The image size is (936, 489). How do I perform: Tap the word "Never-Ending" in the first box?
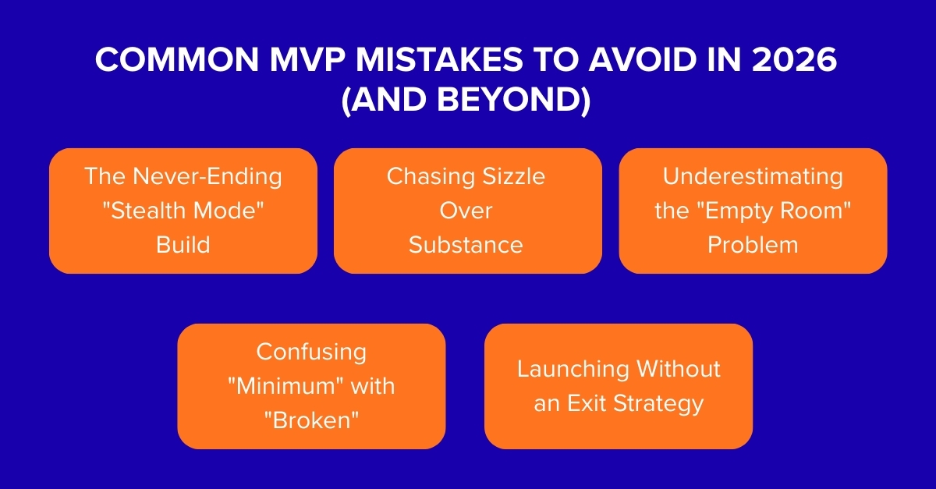click(207, 176)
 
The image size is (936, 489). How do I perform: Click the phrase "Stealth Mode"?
click(183, 211)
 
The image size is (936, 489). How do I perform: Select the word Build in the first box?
click(183, 245)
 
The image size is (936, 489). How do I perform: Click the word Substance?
click(466, 245)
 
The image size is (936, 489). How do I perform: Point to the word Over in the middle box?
click(466, 211)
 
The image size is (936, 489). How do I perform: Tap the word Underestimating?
click(753, 176)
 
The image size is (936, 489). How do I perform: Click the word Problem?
click(753, 245)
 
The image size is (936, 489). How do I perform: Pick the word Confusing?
click(311, 352)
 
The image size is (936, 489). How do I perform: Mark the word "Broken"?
click(311, 420)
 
